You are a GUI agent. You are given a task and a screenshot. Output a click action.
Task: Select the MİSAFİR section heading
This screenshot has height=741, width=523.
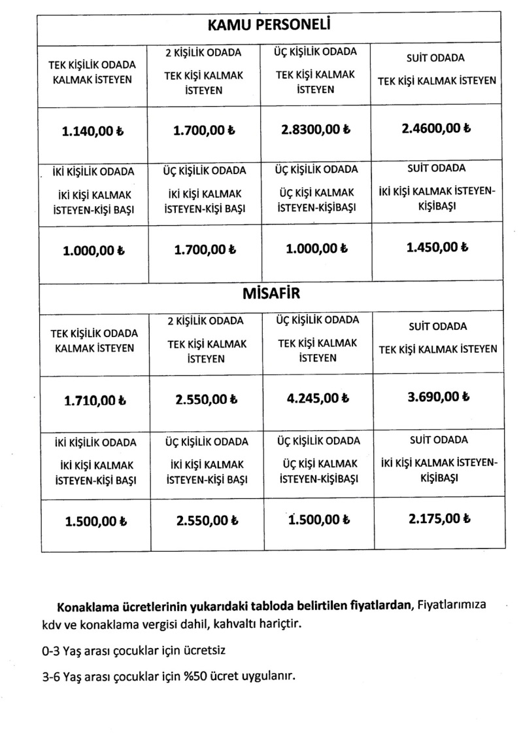271,294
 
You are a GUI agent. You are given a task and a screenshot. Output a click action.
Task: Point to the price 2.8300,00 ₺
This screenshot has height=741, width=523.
316,130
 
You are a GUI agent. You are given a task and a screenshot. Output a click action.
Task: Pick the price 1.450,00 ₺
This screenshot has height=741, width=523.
437,248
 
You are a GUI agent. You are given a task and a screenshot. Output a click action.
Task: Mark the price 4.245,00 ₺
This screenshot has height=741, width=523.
316,397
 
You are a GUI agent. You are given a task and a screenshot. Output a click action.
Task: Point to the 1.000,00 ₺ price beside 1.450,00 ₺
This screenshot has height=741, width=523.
316,249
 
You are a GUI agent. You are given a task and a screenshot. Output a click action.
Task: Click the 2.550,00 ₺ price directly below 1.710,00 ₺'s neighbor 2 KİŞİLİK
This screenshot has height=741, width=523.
205,397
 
